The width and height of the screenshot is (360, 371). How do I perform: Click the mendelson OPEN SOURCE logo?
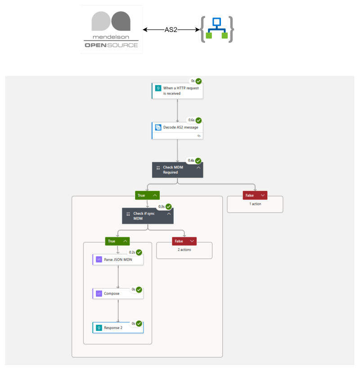(x=111, y=30)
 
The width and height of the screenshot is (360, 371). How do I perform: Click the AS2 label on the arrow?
(x=171, y=30)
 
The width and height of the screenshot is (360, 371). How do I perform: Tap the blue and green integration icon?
(x=217, y=30)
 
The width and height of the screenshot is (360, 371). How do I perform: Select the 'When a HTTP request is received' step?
(x=177, y=90)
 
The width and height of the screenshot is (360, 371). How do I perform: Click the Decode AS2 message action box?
(x=177, y=127)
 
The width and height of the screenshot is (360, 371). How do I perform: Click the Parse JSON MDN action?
(x=118, y=260)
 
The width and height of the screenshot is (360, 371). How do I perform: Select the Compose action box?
(x=118, y=294)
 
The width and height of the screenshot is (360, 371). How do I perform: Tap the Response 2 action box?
(x=118, y=328)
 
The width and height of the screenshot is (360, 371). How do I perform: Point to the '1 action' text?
(x=255, y=204)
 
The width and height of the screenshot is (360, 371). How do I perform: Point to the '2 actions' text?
(x=184, y=249)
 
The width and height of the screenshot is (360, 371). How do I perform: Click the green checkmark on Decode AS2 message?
(x=198, y=120)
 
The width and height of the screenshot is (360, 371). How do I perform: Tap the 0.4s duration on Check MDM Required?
(x=191, y=160)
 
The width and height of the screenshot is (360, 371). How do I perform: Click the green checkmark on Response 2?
(x=139, y=323)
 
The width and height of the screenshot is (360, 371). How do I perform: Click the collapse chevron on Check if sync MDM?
(x=169, y=214)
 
